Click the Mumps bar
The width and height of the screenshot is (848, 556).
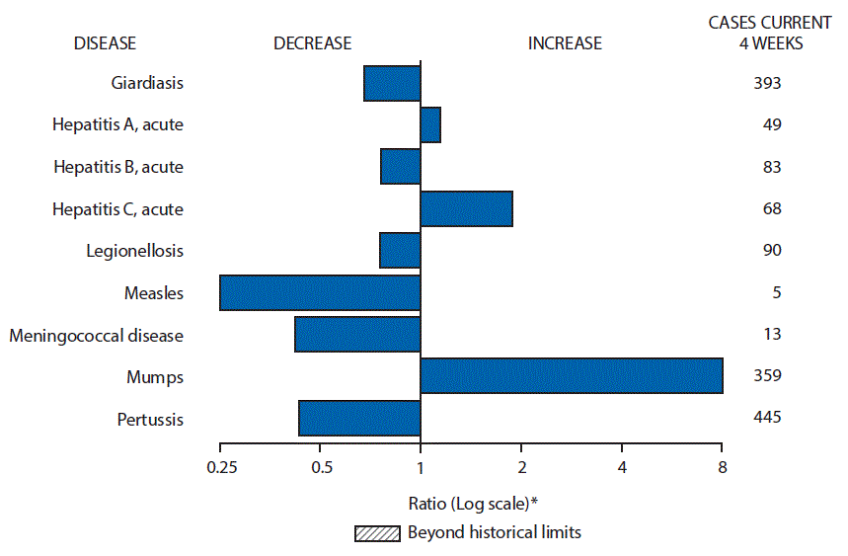coord(572,376)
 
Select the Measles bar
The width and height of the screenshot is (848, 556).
coord(320,292)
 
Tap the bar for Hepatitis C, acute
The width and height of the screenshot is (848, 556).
coord(466,208)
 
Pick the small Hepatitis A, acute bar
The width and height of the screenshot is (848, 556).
coord(430,124)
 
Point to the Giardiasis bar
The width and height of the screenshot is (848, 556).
coord(392,83)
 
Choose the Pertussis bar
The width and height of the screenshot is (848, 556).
coord(359,418)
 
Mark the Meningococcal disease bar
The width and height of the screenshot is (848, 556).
coord(357,335)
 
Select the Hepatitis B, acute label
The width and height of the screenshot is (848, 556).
coord(118,167)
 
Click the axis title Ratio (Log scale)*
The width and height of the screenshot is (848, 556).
coord(473,503)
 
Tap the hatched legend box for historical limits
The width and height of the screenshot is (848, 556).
coord(378,533)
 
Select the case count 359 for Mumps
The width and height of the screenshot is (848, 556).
coord(764,376)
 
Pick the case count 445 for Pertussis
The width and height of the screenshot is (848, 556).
coord(764,418)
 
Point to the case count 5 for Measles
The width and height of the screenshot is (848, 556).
coord(764,292)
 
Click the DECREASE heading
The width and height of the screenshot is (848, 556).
coord(312,42)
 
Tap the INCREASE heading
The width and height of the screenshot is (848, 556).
coord(565,42)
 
